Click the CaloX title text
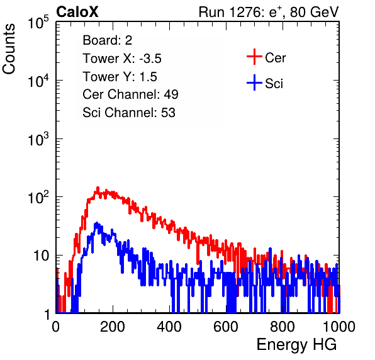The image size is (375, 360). [77, 12]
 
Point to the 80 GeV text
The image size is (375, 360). [314, 12]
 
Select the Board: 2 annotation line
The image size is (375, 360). [107, 40]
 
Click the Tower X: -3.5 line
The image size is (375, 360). [122, 59]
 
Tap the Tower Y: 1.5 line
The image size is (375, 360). [120, 77]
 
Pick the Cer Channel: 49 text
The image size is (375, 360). [130, 94]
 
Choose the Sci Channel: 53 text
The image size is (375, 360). [129, 113]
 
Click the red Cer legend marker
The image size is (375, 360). [254, 57]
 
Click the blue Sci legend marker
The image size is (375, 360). [254, 83]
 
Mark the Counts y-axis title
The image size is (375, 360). [9, 49]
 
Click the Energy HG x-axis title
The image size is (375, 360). [296, 345]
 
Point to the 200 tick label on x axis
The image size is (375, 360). [113, 327]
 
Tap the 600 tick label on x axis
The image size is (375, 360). [226, 327]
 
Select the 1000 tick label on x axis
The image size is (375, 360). [339, 327]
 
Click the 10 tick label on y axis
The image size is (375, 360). [41, 256]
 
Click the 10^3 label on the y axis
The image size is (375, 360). [38, 139]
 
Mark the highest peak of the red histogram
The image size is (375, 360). [98, 188]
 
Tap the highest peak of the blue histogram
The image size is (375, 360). [97, 223]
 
